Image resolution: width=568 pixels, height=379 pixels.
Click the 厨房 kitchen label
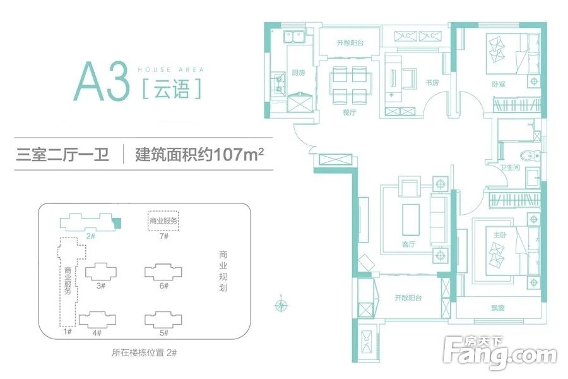[299, 73]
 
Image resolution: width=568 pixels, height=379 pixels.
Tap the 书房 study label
[432, 83]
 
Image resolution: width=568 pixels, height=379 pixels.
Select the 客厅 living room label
[408, 244]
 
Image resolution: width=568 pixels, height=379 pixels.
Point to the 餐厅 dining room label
[350, 112]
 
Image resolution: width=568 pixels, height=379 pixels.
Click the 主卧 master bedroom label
[500, 235]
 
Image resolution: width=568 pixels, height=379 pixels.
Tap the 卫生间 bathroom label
[510, 167]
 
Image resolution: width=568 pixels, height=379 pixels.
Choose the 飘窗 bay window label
[498, 308]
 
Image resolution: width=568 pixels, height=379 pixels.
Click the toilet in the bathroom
[531, 156]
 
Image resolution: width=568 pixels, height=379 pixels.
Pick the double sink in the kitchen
[293, 37]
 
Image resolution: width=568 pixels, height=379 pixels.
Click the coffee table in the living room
[411, 220]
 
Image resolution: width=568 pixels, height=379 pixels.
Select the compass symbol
[281, 304]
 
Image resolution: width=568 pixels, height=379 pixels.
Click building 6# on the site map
[163, 272]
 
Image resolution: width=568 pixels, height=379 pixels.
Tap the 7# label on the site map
[164, 236]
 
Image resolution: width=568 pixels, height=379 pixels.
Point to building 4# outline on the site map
[97, 319]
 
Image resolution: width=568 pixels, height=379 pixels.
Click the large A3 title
[102, 81]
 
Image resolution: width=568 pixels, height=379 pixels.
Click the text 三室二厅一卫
[62, 155]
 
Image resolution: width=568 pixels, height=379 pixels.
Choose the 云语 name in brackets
[171, 88]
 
